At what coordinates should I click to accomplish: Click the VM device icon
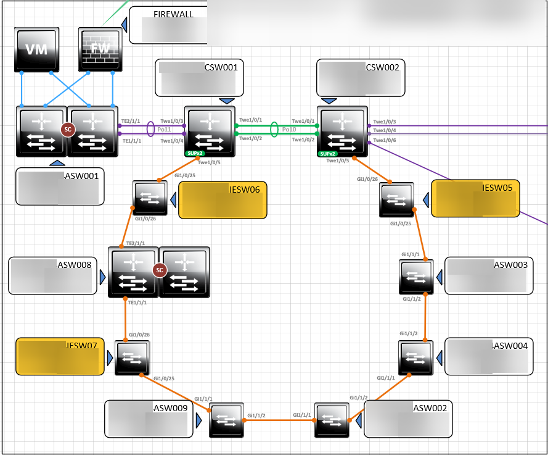[x=36, y=49]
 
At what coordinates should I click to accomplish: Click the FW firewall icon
[x=102, y=49]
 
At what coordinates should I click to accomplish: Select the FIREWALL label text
[x=173, y=14]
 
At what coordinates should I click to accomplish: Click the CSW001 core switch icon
[x=210, y=130]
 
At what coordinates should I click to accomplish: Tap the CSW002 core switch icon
[x=342, y=130]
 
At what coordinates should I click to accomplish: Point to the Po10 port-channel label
[x=288, y=130]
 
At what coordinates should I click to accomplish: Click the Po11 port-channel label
[x=164, y=130]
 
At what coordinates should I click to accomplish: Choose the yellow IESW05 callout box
[x=475, y=198]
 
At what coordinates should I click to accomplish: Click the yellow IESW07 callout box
[x=60, y=357]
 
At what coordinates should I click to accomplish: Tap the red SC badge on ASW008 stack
[x=160, y=270]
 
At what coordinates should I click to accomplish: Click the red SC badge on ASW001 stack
[x=67, y=128]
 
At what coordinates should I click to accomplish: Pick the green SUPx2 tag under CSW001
[x=194, y=152]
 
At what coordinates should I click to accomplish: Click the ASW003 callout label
[x=489, y=275]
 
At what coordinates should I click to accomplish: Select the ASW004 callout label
[x=489, y=356]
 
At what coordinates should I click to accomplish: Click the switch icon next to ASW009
[x=226, y=420]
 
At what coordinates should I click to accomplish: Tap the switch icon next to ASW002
[x=332, y=420]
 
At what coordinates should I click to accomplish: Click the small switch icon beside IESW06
[x=150, y=198]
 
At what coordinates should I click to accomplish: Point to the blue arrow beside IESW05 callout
[x=425, y=199]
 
